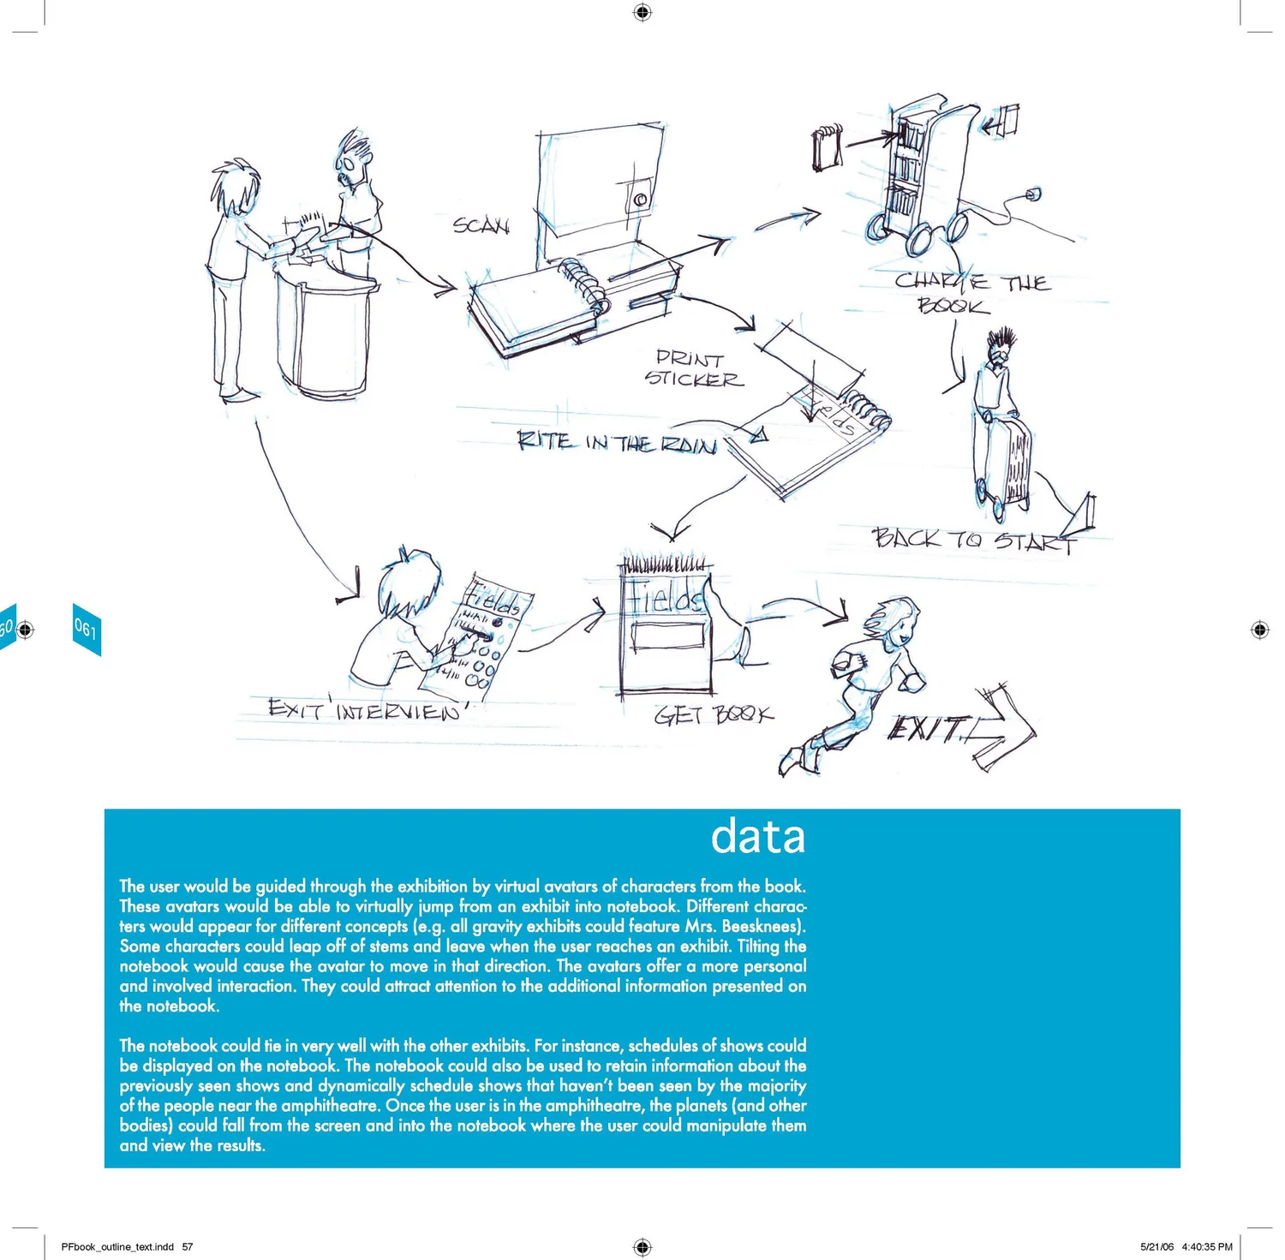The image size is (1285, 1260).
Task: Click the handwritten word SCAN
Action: point(481,225)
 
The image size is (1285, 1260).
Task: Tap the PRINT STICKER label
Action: point(693,369)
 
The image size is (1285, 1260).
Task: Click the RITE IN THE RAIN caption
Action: point(617,443)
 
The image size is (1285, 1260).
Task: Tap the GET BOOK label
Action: point(714,714)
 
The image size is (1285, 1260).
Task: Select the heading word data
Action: point(758,836)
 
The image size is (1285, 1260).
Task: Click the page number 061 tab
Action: point(86,629)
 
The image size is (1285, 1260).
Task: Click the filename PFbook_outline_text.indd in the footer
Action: point(117,1246)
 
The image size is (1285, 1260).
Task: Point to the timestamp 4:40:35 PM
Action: point(1207,1246)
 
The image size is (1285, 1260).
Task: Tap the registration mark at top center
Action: point(642,12)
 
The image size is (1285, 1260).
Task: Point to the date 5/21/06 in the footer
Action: point(1156,1246)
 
